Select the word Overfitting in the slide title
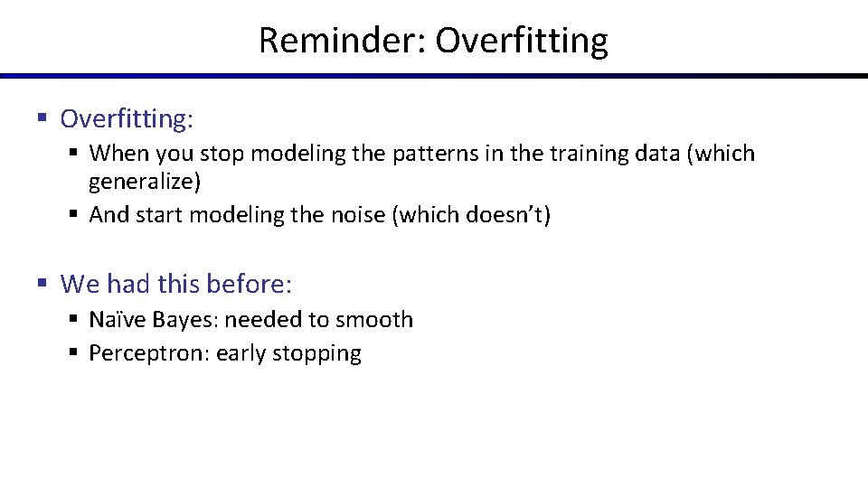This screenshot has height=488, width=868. (522, 41)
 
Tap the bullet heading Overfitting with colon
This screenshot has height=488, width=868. (127, 118)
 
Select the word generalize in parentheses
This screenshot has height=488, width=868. (144, 182)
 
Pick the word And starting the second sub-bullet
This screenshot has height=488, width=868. (109, 216)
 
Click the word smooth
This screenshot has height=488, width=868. (374, 320)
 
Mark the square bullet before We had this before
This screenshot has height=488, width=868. (42, 284)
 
